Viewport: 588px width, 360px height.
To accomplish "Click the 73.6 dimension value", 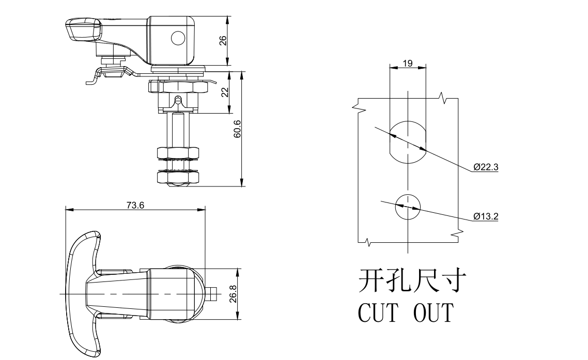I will point(135,205).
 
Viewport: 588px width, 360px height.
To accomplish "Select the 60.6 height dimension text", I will point(237,129).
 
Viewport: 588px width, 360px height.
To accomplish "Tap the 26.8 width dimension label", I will point(233,294).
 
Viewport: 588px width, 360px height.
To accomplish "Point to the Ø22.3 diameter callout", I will point(486,167).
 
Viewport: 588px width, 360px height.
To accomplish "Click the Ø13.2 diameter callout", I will point(486,216).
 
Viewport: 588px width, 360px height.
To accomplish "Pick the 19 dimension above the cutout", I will point(407,63).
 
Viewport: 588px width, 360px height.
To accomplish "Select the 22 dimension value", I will point(224,92).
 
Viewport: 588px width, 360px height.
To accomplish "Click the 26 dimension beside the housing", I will point(223,41).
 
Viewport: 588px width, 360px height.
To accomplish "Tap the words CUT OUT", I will point(406,312).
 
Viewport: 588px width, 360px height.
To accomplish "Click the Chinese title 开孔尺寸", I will point(413,282).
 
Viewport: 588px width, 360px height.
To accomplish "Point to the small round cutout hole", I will point(408,208).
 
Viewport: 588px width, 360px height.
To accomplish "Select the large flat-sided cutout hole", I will point(408,140).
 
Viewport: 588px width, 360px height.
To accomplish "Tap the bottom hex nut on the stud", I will point(178,179).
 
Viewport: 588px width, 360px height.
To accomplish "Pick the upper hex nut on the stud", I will point(178,153).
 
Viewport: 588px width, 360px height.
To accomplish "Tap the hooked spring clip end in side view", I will point(92,79).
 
